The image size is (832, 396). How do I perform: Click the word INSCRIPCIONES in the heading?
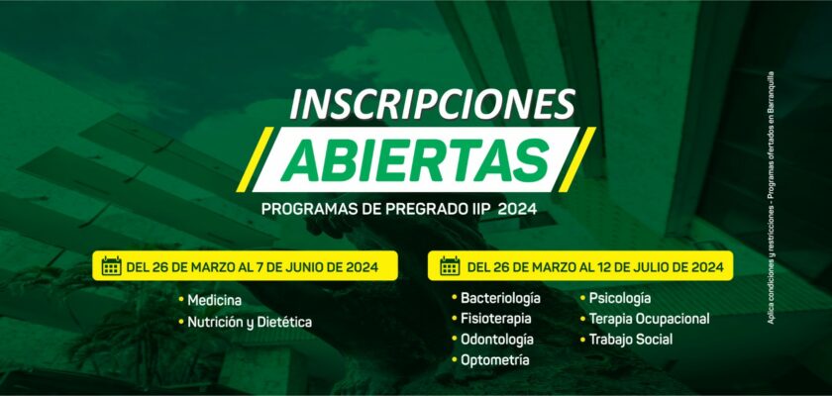point(433,104)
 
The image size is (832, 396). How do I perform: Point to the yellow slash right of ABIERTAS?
point(576,159)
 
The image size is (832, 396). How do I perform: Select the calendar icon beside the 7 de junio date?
point(111,266)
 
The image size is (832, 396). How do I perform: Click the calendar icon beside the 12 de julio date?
point(450,266)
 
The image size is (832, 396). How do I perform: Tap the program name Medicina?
point(214,301)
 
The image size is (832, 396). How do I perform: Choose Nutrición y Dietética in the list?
point(250,323)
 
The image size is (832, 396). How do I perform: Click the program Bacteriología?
point(500,298)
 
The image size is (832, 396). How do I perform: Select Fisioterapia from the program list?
point(495,319)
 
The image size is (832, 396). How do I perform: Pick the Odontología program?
point(496,340)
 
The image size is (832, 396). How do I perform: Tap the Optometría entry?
point(494,360)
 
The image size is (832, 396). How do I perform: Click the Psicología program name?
point(620,298)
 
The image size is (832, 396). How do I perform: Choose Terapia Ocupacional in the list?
point(649,319)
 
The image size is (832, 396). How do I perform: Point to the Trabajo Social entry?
point(630,340)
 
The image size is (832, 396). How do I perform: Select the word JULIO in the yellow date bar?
point(643,266)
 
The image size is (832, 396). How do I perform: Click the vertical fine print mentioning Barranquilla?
point(771,197)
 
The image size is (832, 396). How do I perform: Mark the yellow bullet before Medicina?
point(181,300)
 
